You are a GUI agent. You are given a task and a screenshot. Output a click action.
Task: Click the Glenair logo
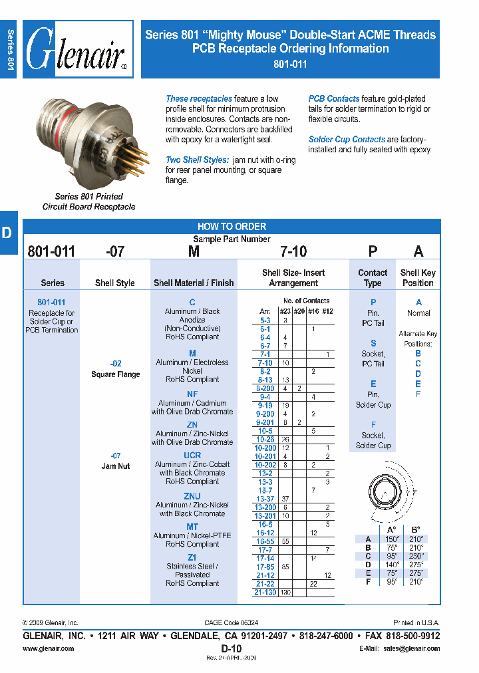[x=78, y=51]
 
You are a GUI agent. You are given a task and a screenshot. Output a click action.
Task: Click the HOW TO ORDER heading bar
[x=232, y=226]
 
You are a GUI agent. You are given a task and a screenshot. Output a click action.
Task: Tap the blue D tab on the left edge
[x=7, y=233]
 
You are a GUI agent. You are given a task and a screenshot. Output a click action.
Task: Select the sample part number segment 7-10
[x=293, y=251]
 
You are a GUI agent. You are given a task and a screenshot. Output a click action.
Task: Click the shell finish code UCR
[x=192, y=456]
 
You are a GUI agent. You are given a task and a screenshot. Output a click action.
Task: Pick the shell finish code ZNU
[x=192, y=496]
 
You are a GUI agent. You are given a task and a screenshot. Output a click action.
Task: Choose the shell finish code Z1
[x=192, y=557]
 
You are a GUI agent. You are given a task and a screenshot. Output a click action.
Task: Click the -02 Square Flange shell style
[x=116, y=370]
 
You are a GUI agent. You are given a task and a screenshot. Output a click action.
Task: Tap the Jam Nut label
[x=116, y=466]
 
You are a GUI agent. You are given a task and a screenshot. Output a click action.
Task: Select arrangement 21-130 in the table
[x=265, y=593]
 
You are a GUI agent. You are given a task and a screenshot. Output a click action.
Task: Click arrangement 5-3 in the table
[x=265, y=320]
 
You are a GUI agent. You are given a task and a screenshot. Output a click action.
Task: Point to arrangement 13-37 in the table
[x=265, y=499]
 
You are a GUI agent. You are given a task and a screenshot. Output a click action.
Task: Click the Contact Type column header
[x=373, y=277]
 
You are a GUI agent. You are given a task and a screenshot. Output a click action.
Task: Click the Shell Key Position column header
[x=418, y=277]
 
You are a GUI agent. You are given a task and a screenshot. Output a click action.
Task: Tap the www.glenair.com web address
[x=49, y=648]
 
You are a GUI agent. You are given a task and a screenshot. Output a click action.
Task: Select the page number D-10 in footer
[x=231, y=648]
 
